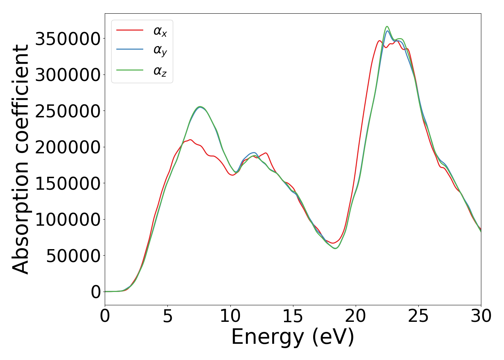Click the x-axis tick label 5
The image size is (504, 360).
[168, 316]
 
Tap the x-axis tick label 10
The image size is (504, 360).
[230, 316]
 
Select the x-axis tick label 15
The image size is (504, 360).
[293, 316]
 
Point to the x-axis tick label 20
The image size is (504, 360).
[356, 316]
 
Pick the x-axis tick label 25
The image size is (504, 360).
[418, 316]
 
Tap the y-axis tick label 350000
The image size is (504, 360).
[68, 39]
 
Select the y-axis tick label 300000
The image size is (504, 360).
[68, 75]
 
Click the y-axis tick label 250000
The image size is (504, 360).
[68, 111]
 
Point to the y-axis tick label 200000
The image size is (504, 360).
[68, 147]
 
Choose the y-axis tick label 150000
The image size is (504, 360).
[68, 184]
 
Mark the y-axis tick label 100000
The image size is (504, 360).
[68, 220]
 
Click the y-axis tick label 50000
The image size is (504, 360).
[73, 256]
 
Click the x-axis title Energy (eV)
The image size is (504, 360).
[293, 337]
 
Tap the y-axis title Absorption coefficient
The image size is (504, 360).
[21, 159]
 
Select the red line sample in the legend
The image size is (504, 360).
[130, 30]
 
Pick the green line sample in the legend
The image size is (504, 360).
[130, 70]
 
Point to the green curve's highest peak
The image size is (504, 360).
[387, 26]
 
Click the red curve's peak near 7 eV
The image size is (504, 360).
[190, 140]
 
